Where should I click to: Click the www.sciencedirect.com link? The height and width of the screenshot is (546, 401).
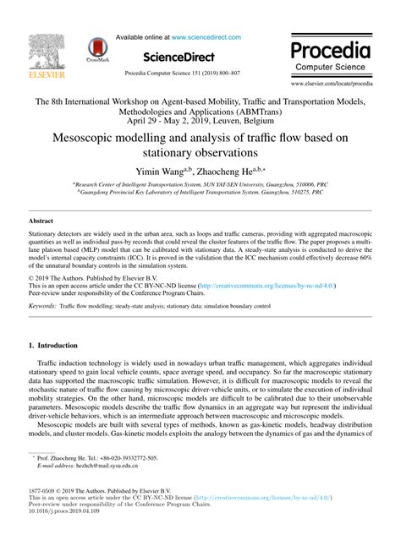tap(206, 38)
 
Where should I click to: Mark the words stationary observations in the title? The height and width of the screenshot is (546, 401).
tap(200, 155)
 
